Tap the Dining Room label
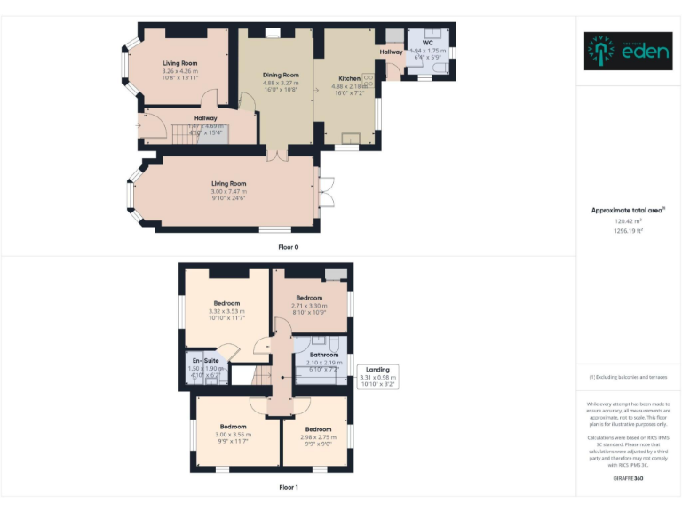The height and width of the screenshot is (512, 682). (x=281, y=75)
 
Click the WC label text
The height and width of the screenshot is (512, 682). (x=427, y=43)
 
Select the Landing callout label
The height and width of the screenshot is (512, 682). (x=377, y=369)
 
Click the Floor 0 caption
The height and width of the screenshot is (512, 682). (x=288, y=247)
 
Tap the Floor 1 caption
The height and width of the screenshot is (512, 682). (x=288, y=487)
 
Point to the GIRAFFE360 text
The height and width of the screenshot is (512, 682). (x=628, y=479)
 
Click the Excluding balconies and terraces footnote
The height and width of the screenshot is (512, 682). (x=628, y=377)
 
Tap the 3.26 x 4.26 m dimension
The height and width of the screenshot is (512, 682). (x=179, y=71)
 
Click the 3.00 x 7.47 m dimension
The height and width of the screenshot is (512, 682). (x=228, y=191)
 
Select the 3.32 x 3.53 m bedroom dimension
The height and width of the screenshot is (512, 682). (x=226, y=311)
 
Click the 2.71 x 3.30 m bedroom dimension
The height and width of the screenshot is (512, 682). (x=309, y=305)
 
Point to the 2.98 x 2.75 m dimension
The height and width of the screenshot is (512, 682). (x=318, y=437)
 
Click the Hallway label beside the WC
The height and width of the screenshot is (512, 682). (x=391, y=52)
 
